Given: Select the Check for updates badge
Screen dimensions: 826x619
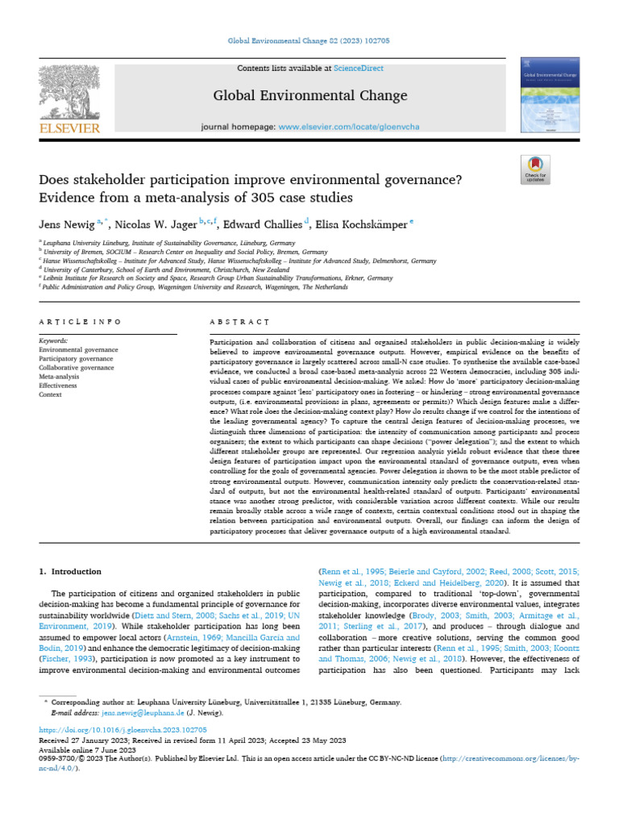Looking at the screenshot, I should point(535,168).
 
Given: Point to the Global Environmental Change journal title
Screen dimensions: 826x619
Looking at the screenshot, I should point(309,96).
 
